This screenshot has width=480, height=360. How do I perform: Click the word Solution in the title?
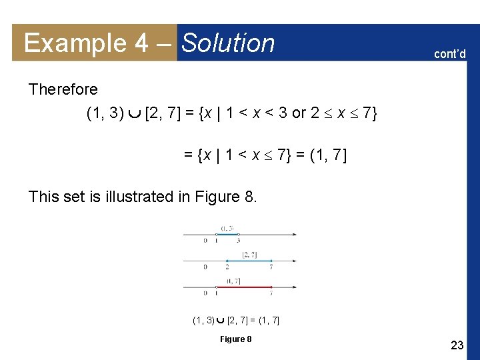[228, 43]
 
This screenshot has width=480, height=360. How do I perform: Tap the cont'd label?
[450, 53]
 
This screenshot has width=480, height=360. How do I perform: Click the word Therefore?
[63, 89]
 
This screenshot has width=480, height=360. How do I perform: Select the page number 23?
[457, 345]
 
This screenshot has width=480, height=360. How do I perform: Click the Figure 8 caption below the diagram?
[236, 339]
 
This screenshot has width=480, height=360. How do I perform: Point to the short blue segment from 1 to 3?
[227, 234]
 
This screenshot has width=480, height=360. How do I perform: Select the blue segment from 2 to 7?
[249, 261]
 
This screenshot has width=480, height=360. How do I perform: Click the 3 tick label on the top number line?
[238, 241]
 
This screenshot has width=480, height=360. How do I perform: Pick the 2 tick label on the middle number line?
[227, 267]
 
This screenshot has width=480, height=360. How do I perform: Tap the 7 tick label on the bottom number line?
[271, 293]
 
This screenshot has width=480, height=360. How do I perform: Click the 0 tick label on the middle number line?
[205, 267]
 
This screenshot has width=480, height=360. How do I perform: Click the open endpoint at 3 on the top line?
[238, 234]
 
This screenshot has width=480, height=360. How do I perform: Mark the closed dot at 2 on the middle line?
[227, 261]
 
